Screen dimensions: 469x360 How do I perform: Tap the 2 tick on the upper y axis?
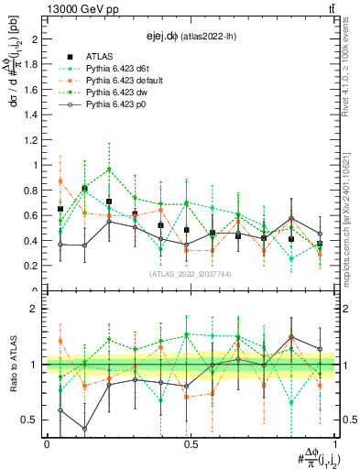click(34, 39)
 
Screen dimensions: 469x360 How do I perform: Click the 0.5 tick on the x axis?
click(191, 443)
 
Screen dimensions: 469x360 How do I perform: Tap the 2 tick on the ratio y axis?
click(34, 310)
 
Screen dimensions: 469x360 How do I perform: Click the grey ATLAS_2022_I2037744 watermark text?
click(190, 273)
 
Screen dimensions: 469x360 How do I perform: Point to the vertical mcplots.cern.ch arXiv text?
click(350, 211)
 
